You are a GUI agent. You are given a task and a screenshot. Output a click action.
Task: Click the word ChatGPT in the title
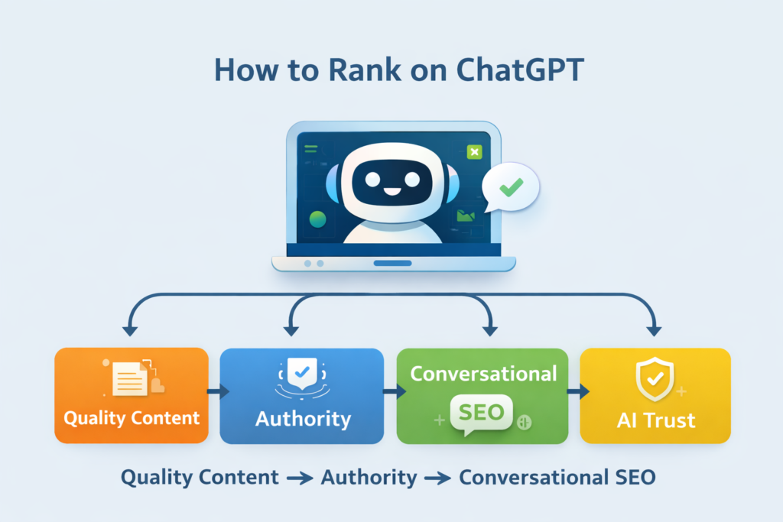(x=520, y=70)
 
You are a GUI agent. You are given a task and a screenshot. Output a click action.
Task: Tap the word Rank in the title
(x=365, y=70)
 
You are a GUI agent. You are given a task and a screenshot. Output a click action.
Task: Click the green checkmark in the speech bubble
(x=512, y=187)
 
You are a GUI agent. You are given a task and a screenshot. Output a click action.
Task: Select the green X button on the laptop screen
(x=474, y=152)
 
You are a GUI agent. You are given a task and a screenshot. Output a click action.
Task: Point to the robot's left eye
(x=372, y=179)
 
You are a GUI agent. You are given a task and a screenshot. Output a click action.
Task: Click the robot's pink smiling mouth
(x=392, y=192)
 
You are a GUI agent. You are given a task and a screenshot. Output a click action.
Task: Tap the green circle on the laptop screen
(x=317, y=219)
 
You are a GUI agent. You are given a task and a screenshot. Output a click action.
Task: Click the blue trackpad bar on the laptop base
(x=392, y=263)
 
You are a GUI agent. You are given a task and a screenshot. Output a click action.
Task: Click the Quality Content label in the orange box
(x=132, y=418)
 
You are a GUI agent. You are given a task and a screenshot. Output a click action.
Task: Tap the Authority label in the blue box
(x=303, y=419)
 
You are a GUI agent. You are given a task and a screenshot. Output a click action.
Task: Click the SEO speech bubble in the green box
(x=481, y=413)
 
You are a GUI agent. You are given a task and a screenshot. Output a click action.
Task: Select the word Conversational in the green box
(x=483, y=374)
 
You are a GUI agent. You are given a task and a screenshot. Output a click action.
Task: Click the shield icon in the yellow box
(x=655, y=379)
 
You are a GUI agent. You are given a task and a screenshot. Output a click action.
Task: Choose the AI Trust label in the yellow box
(x=656, y=420)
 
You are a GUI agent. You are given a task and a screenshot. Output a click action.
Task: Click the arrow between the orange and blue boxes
(x=218, y=391)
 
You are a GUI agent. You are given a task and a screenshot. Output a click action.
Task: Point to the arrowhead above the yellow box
(x=654, y=331)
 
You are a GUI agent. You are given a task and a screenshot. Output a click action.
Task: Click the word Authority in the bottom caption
(x=369, y=478)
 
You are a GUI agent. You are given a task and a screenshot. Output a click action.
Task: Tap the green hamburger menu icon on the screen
(x=310, y=149)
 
